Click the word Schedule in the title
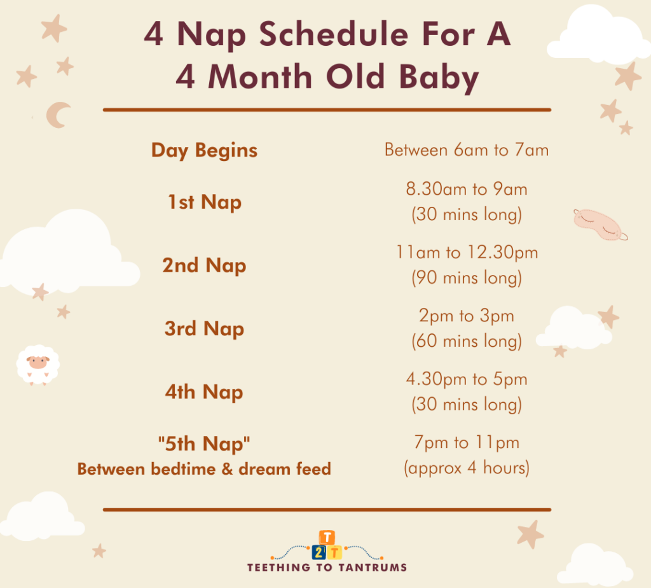[x=334, y=34]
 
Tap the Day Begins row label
[x=204, y=150]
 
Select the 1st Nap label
[x=204, y=202]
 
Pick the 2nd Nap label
[x=204, y=265]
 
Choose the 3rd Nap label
[x=204, y=329]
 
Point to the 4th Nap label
[x=204, y=392]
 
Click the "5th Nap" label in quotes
[x=204, y=444]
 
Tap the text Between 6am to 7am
[x=467, y=150]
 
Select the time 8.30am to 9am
[x=467, y=189]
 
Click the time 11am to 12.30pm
[x=467, y=252]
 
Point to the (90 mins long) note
[x=467, y=278]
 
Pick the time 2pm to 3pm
[x=467, y=316]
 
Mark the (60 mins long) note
[x=467, y=341]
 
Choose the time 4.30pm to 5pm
[x=467, y=379]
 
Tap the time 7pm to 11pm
[x=467, y=442]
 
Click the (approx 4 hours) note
[x=467, y=468]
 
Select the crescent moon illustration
[x=55, y=115]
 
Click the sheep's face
[x=38, y=362]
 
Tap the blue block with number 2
[x=319, y=552]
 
